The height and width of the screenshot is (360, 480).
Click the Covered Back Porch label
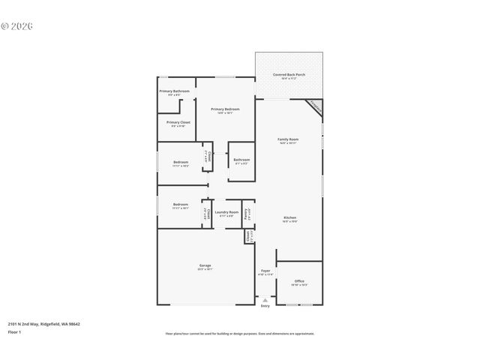pyautogui.click(x=289, y=75)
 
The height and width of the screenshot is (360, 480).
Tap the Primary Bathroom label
pyautogui.click(x=174, y=91)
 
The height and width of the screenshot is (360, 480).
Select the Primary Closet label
pyautogui.click(x=178, y=122)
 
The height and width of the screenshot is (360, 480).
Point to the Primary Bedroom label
pyautogui.click(x=225, y=109)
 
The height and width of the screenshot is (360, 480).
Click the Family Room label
pyautogui.click(x=289, y=139)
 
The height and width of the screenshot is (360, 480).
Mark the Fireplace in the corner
pyautogui.click(x=316, y=108)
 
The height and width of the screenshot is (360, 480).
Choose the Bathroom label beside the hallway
pyautogui.click(x=241, y=160)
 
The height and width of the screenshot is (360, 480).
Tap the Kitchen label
pyautogui.click(x=290, y=218)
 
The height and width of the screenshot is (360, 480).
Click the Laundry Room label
pyautogui.click(x=226, y=212)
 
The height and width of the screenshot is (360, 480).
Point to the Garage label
pyautogui.click(x=205, y=266)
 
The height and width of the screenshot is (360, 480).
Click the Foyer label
pyautogui.click(x=265, y=271)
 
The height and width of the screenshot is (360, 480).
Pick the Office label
pyautogui.click(x=299, y=281)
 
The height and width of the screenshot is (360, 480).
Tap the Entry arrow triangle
pyautogui.click(x=265, y=300)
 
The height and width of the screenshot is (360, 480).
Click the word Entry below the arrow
pyautogui.click(x=265, y=306)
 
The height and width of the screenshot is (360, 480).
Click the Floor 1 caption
pyautogui.click(x=14, y=331)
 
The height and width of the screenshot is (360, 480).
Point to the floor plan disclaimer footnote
pyautogui.click(x=240, y=334)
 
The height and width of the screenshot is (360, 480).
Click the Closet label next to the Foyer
pyautogui.click(x=248, y=236)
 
